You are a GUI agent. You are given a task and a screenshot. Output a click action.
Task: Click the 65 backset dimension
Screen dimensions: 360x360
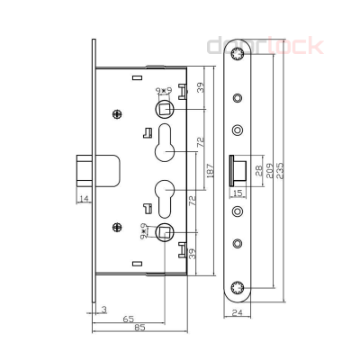tap(130, 319)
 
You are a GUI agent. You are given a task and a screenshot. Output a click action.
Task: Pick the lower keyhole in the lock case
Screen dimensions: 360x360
tap(165, 195)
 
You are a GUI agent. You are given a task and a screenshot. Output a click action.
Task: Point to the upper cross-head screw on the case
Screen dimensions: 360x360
tap(116, 113)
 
